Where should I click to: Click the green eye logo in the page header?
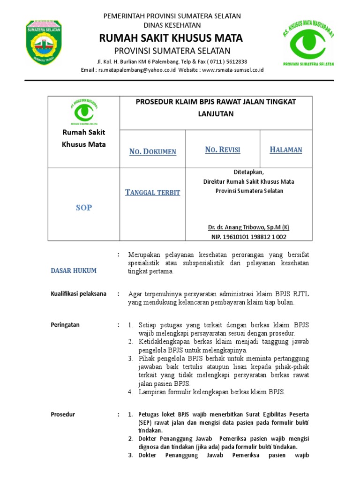tap(307, 43)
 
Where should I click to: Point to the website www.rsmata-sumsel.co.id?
tap(232, 70)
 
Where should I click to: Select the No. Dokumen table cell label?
tap(153, 151)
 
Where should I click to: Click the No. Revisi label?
tap(223, 150)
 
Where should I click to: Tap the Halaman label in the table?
tap(286, 150)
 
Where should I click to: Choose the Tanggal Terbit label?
tap(153, 193)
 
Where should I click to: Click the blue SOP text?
tap(84, 208)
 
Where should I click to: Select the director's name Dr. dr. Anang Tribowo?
tap(248, 227)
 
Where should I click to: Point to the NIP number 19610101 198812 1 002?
tap(248, 237)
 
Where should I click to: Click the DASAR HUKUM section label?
tap(74, 270)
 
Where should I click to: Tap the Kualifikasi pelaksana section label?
tap(78, 294)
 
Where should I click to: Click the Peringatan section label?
tap(65, 324)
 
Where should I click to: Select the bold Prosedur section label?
tap(63, 414)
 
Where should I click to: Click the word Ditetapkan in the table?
tap(248, 172)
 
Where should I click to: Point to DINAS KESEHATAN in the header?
tap(172, 25)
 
